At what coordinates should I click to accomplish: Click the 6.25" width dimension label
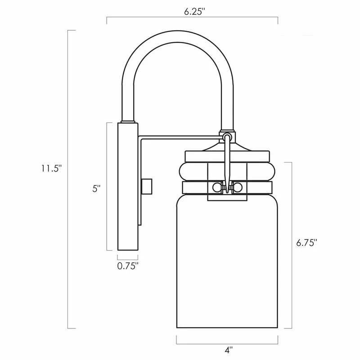click(x=194, y=12)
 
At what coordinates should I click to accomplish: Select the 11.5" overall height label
click(x=50, y=168)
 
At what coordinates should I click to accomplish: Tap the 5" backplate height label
click(x=96, y=189)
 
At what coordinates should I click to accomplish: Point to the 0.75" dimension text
click(x=128, y=265)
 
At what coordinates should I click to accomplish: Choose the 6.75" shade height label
click(x=307, y=243)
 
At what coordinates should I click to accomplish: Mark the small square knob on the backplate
click(x=146, y=185)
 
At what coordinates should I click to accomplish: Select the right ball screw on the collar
click(x=239, y=187)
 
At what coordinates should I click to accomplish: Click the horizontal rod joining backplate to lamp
click(x=180, y=136)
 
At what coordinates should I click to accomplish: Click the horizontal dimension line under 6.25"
click(x=192, y=18)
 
